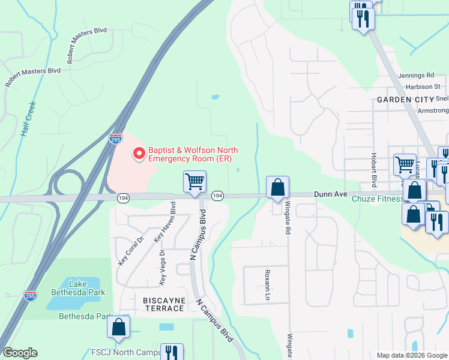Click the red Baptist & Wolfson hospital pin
139,154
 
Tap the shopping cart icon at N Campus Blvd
194,181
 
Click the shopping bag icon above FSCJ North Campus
119,327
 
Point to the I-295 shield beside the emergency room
116,139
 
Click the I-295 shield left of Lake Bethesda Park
30,296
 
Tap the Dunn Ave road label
331,194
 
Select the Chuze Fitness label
378,199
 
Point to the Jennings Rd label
416,76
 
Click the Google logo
20,353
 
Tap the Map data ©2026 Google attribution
411,355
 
